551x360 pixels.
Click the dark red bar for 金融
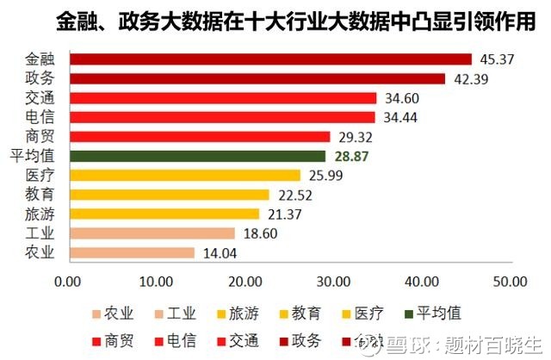coord(270,59)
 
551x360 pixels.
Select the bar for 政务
coord(257,78)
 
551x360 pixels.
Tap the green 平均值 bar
coord(197,156)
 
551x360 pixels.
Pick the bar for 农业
coord(132,252)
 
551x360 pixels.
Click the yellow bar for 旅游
coord(164,214)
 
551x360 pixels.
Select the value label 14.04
coord(218,252)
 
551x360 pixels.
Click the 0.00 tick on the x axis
coord(68,281)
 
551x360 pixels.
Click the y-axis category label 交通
coord(40,98)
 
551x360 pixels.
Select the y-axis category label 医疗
coord(40,175)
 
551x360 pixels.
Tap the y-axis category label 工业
coord(40,233)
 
